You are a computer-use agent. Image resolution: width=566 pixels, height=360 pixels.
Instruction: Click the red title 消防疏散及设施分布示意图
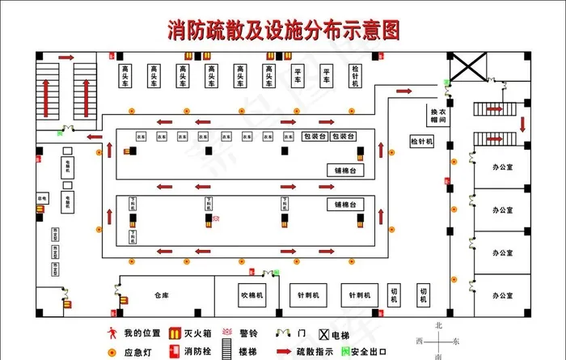[x=283, y=31]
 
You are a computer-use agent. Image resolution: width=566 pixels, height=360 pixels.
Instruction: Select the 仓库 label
[x=159, y=295]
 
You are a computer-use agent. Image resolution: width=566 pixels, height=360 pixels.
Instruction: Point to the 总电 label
[x=43, y=197]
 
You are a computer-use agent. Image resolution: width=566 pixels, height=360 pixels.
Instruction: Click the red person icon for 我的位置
[x=112, y=332]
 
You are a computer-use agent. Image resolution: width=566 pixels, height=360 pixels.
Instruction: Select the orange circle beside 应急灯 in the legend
[x=112, y=352]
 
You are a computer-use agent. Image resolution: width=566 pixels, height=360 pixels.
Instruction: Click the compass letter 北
[x=439, y=325]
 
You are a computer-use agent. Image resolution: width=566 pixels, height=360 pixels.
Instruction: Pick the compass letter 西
[x=420, y=341]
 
